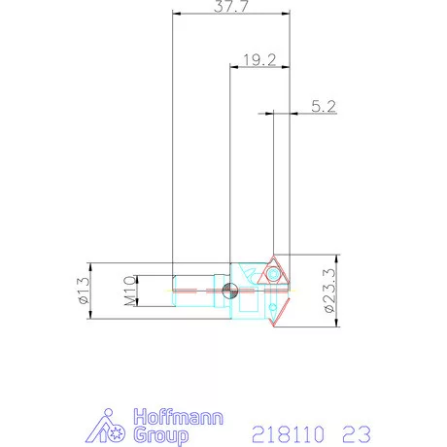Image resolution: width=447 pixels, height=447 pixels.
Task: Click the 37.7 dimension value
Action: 231,6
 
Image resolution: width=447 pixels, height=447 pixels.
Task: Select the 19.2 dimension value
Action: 258,59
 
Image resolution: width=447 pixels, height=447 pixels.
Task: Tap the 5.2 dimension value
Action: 324,107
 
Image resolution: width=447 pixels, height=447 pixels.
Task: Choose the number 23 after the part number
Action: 356,431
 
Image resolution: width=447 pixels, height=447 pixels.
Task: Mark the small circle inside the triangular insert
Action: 277,275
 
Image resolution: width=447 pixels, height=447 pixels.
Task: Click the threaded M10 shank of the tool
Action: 194,291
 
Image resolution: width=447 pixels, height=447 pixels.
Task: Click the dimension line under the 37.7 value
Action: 231,14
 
